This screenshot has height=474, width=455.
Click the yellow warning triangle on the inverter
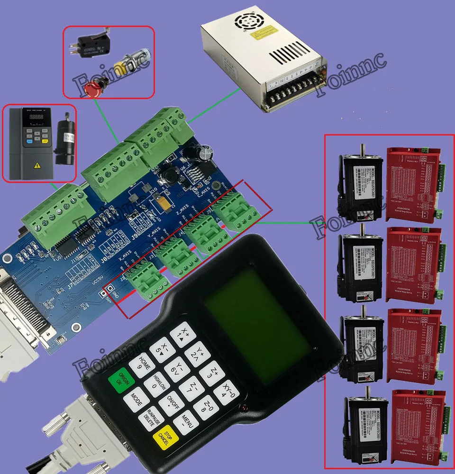[x=36, y=165]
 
